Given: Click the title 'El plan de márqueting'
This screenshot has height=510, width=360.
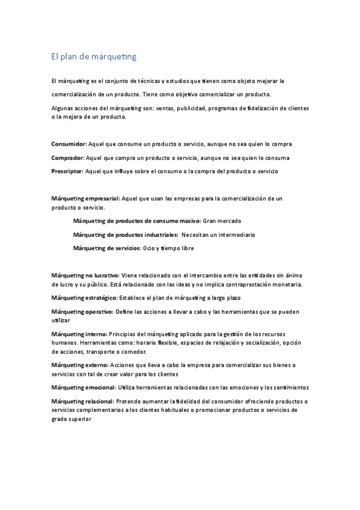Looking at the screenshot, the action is click(94, 57).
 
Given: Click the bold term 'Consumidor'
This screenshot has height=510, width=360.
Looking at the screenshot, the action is click(69, 144).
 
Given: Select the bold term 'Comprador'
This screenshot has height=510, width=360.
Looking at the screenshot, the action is click(68, 158).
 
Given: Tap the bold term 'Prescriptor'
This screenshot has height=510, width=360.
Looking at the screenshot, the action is click(68, 171).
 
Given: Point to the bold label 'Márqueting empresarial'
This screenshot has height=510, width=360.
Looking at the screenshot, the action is click(86, 198).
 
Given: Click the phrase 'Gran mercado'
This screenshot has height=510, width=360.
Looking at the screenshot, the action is click(221, 221).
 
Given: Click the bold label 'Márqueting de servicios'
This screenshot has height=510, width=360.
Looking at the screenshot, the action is click(106, 248).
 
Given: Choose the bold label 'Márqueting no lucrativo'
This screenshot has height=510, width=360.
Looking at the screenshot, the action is click(85, 275).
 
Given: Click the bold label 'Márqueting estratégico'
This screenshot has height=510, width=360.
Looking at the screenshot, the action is click(84, 298).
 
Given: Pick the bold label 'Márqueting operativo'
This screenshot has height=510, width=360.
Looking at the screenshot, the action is click(82, 312).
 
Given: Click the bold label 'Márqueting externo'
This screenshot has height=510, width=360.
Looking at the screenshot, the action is click(80, 365).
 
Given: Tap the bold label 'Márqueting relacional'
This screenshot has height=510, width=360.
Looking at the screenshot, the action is click(83, 401).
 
